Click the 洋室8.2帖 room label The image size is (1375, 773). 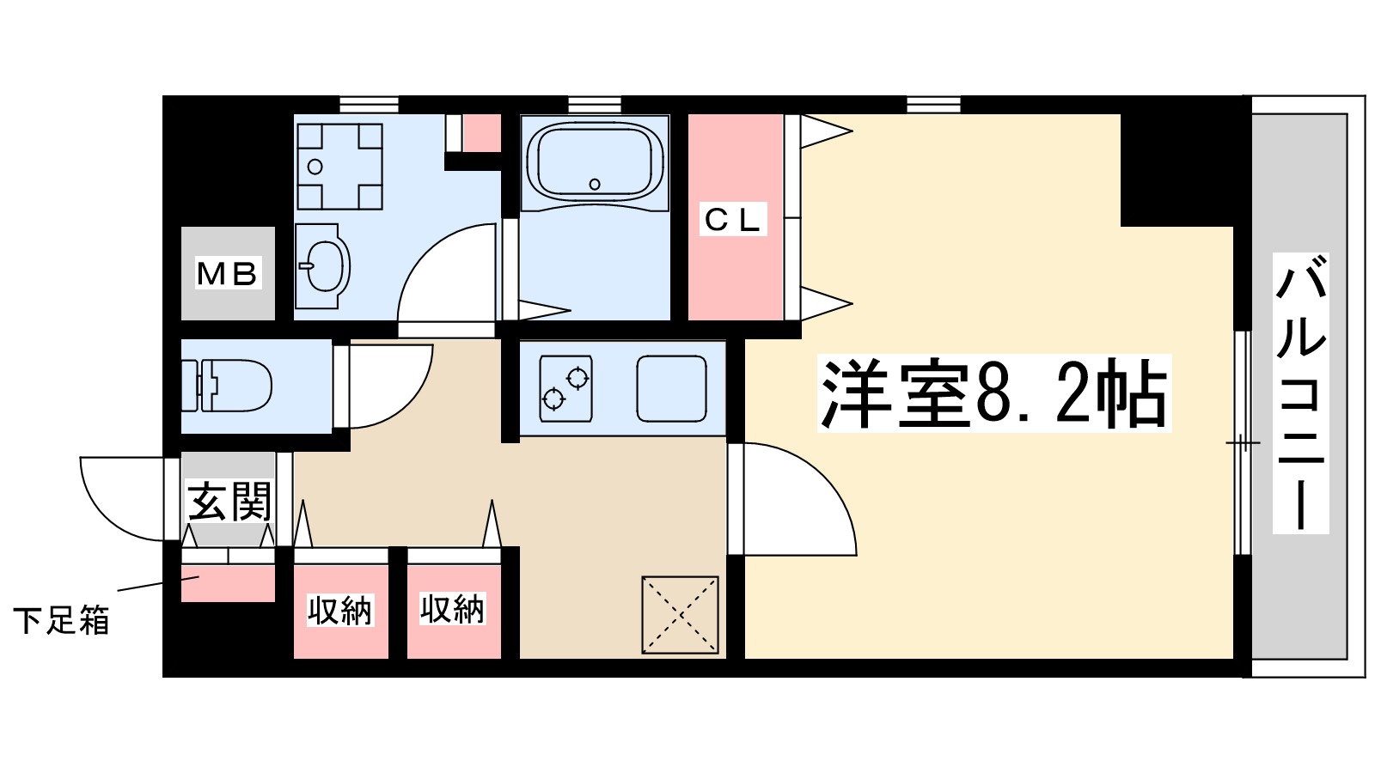pyautogui.click(x=994, y=393)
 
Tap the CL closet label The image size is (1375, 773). pyautogui.click(x=733, y=220)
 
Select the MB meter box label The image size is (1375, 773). pyautogui.click(x=227, y=274)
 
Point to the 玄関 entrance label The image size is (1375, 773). pyautogui.click(x=229, y=502)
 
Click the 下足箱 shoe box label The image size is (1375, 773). pyautogui.click(x=61, y=619)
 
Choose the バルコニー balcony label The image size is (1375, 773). pyautogui.click(x=1300, y=393)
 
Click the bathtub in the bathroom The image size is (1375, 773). pyautogui.click(x=595, y=161)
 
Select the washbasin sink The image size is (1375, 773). pyautogui.click(x=323, y=266)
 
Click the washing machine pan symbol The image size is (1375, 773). pyautogui.click(x=339, y=166)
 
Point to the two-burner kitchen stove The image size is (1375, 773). pyautogui.click(x=565, y=387)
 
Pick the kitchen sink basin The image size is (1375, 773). pyautogui.click(x=671, y=388)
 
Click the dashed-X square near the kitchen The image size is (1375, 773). pyautogui.click(x=680, y=615)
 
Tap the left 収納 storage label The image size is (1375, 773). pyautogui.click(x=340, y=611)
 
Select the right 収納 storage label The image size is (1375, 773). pyautogui.click(x=453, y=609)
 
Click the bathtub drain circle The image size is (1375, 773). pyautogui.click(x=595, y=184)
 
